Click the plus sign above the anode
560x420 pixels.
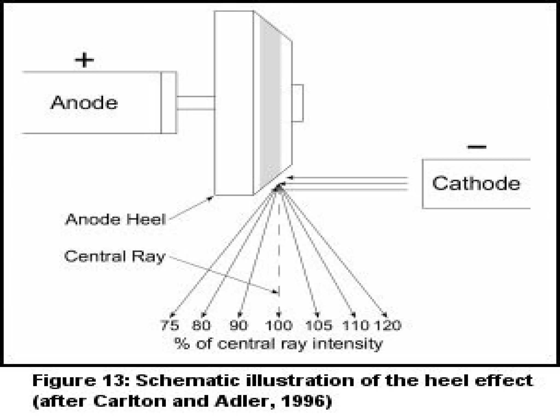point(84,60)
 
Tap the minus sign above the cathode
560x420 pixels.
point(477,147)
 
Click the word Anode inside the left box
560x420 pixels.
point(84,103)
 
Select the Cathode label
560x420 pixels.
point(476,183)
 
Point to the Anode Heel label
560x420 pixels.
point(115,219)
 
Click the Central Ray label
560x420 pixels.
point(115,256)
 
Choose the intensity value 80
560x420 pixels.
point(201,325)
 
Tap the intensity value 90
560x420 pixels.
point(238,325)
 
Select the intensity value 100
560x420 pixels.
point(279,325)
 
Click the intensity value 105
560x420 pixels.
point(319,325)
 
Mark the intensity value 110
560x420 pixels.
point(356,325)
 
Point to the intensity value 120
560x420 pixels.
point(388,325)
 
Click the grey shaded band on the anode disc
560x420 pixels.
point(270,104)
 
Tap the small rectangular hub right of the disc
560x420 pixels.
point(297,103)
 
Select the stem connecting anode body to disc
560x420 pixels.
point(196,103)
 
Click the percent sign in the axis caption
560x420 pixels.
point(182,344)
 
